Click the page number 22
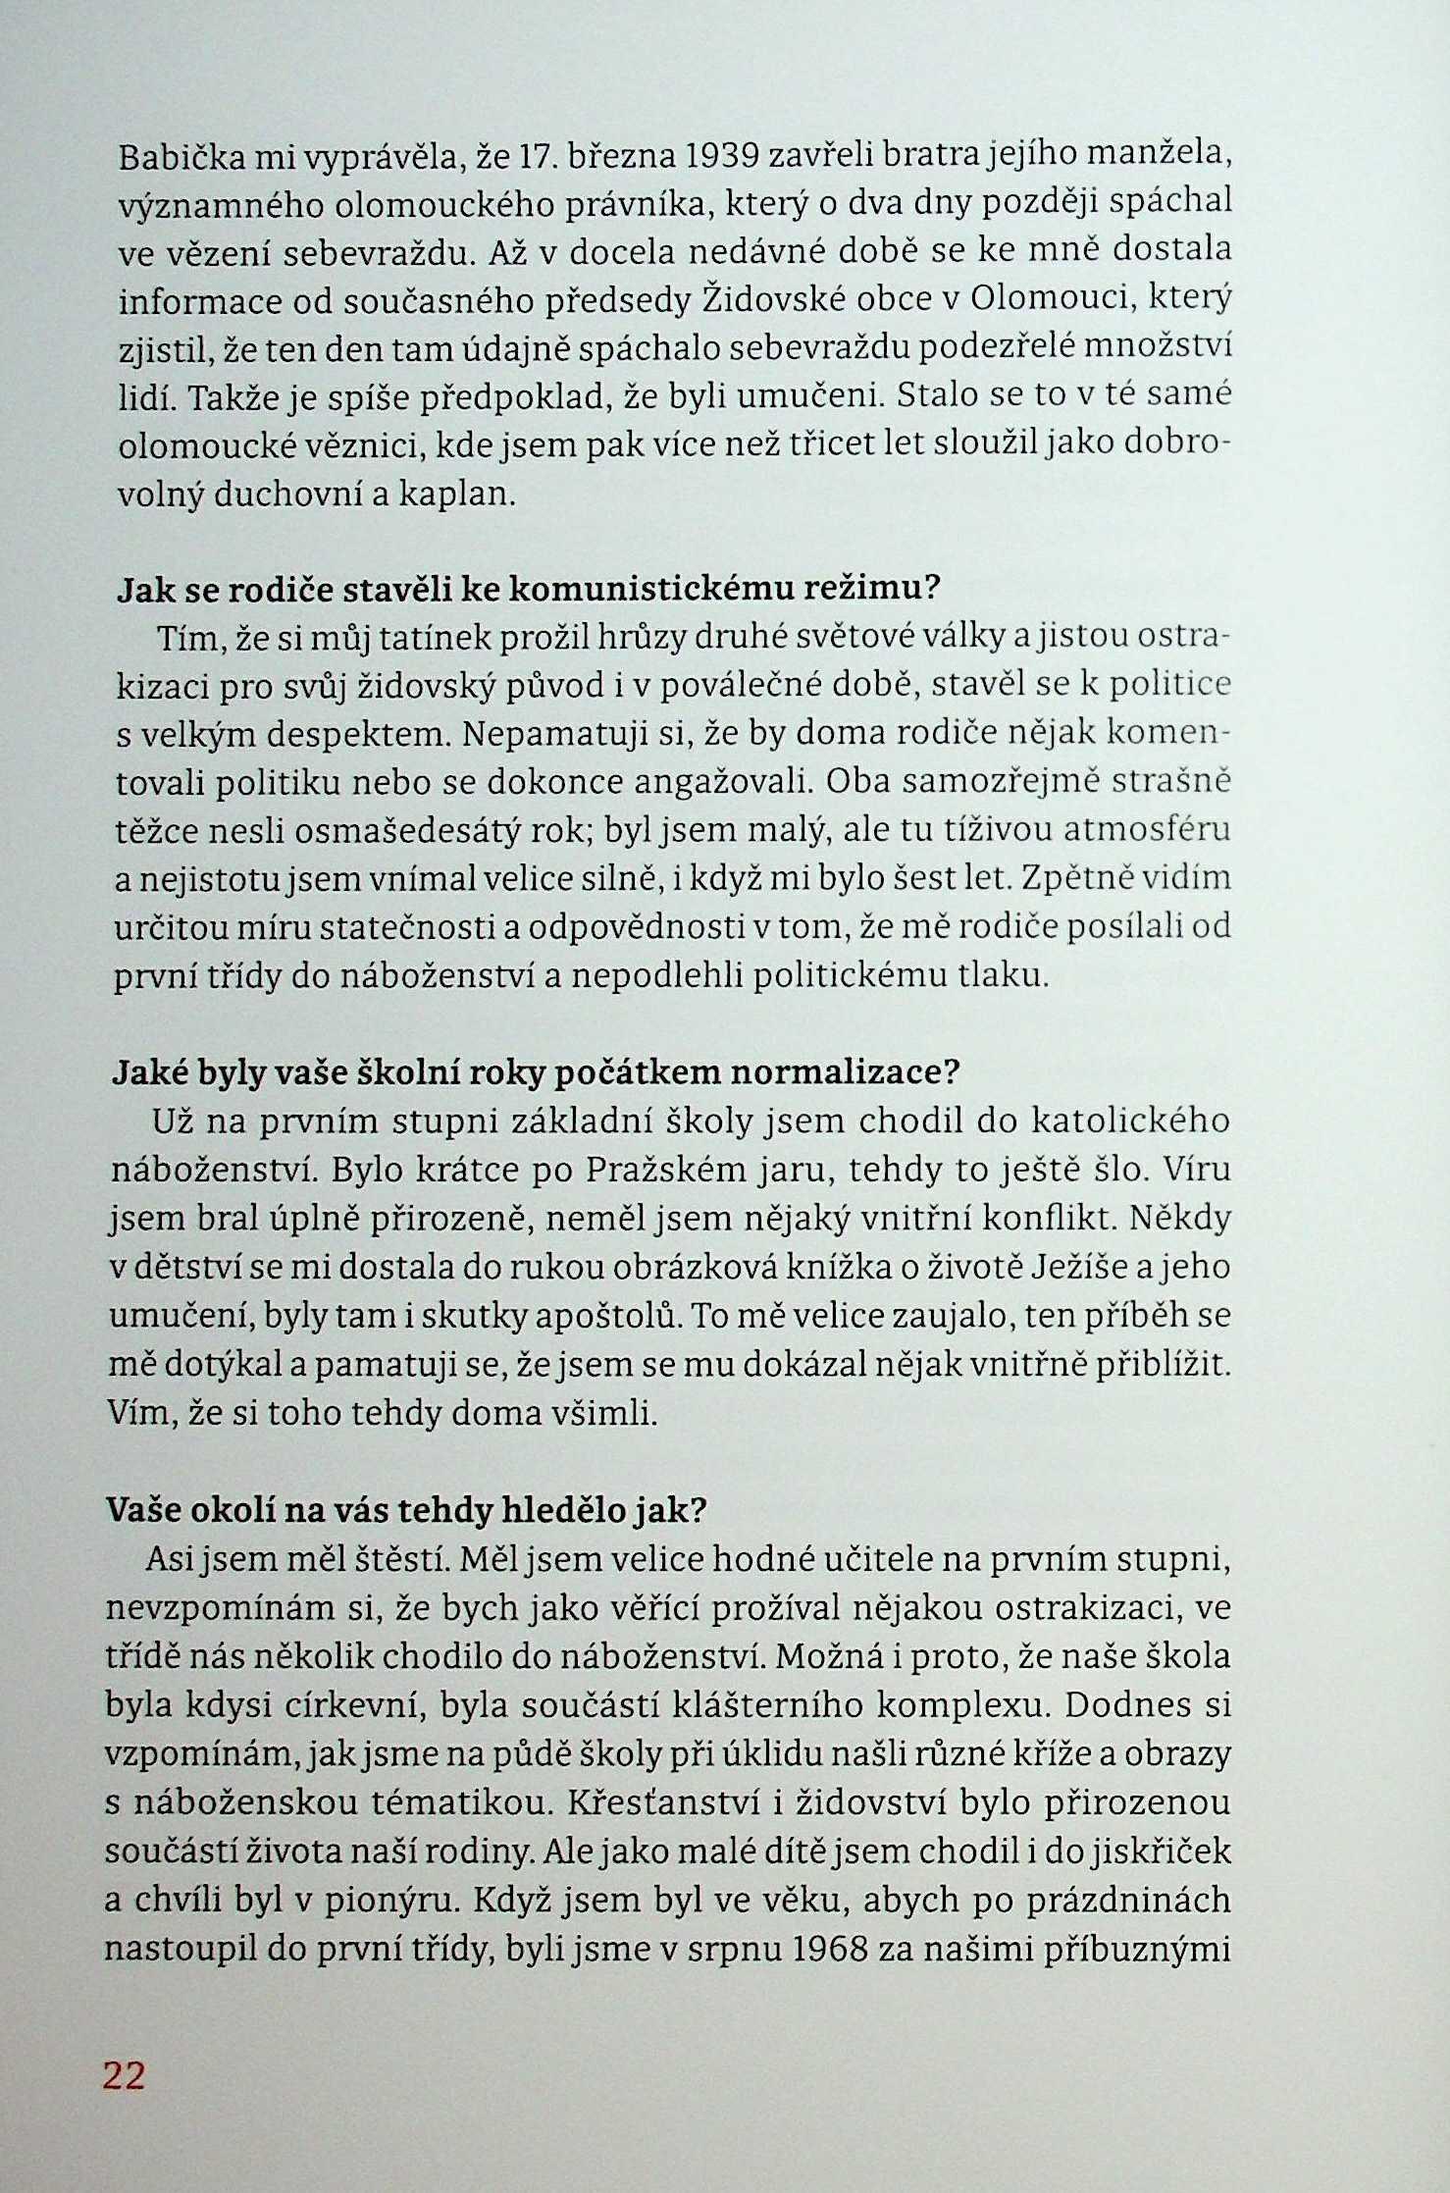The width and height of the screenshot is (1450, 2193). coord(124,2075)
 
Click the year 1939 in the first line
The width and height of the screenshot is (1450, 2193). coord(720,155)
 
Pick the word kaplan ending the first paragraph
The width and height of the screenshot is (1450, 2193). coord(456,494)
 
